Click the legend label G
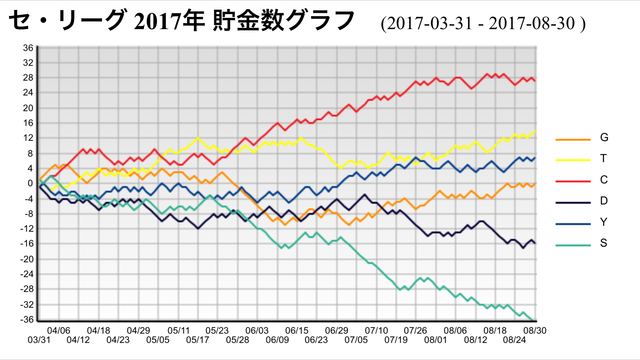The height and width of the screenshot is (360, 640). click(604, 138)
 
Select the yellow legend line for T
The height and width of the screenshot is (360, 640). click(573, 160)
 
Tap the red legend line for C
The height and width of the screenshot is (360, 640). click(573, 181)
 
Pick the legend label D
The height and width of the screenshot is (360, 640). click(604, 201)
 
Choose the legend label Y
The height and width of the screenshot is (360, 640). click(604, 222)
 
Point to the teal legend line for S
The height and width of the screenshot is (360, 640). click(573, 245)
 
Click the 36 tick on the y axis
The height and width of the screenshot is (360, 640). click(28, 48)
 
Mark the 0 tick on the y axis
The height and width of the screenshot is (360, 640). click(30, 183)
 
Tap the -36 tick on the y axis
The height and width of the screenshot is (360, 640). click(27, 319)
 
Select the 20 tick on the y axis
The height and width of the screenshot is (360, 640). click(28, 108)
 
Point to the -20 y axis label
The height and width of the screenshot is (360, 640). click(27, 259)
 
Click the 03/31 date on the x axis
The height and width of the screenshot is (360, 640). click(39, 340)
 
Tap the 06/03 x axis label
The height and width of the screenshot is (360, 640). click(257, 330)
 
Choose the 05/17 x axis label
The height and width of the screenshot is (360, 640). click(198, 340)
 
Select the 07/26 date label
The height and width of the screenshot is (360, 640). click(416, 330)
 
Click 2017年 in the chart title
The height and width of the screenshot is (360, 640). click(169, 21)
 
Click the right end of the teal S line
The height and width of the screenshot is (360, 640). click(534, 321)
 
